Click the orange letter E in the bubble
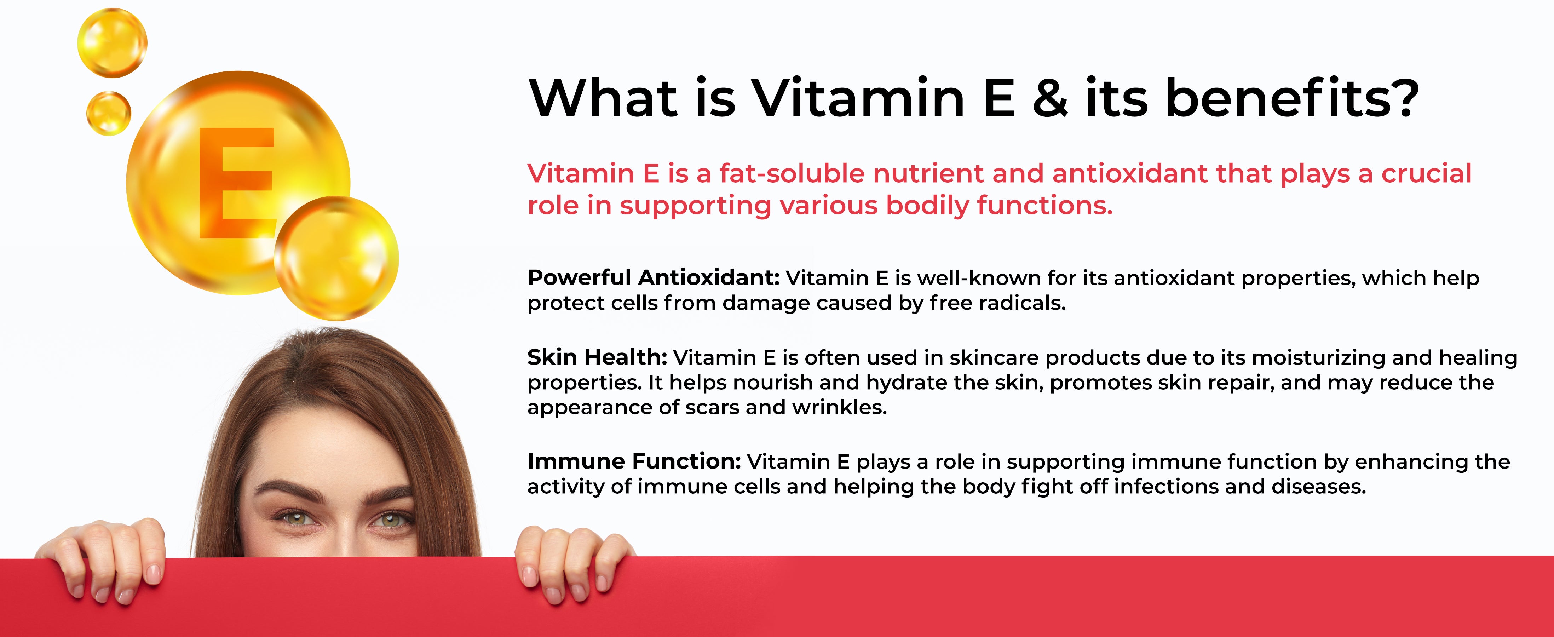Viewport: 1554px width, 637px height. point(236,182)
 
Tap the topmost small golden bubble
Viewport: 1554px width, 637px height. point(112,43)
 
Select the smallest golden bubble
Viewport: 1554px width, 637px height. point(109,113)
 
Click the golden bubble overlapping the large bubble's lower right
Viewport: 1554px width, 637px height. point(336,258)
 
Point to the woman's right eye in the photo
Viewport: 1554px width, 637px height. point(295,517)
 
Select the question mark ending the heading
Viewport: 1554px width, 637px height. point(1403,97)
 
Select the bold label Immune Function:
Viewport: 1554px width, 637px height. point(634,461)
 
